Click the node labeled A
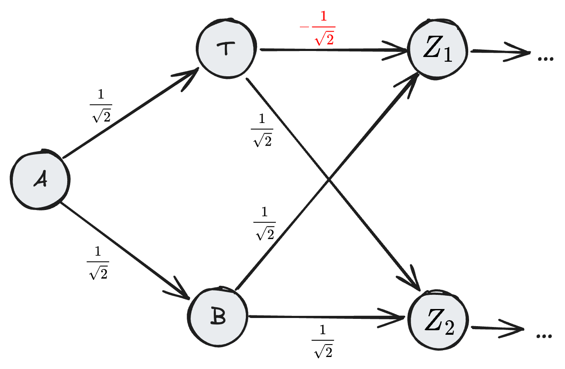point(39,180)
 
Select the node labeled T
point(226,48)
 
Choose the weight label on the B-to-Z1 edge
point(264,224)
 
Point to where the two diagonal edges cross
point(329,180)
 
